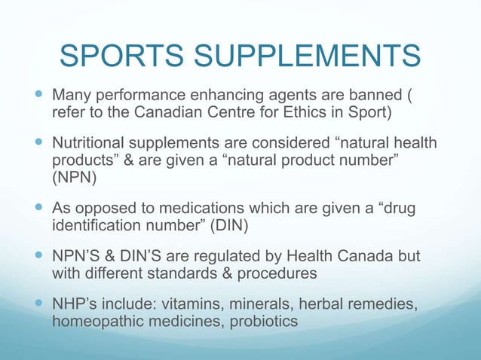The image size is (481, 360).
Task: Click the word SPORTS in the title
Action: (x=115, y=56)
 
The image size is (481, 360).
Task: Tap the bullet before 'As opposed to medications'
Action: (x=38, y=206)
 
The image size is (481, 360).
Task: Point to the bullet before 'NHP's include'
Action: (x=38, y=300)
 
